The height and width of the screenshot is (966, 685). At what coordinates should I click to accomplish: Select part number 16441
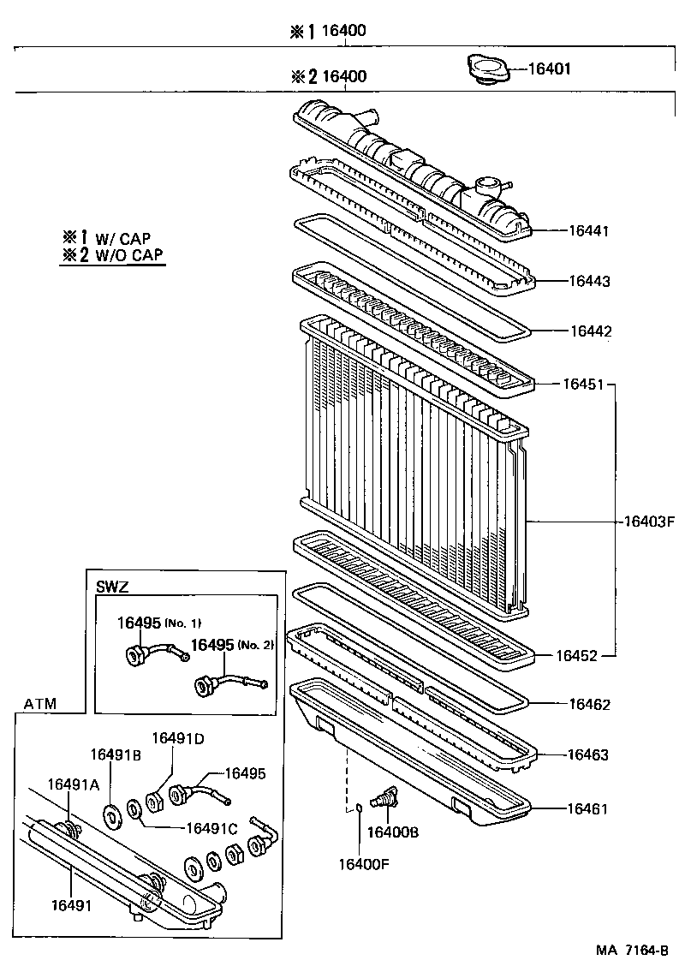589,231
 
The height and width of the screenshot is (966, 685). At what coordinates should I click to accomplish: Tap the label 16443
589,281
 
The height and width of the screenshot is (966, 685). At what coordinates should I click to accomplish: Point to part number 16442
589,331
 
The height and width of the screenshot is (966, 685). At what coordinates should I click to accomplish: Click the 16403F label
650,521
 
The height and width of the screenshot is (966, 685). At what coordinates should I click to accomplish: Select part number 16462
589,705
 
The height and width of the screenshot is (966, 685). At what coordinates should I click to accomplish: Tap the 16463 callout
589,755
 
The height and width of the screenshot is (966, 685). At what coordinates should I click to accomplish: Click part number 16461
589,807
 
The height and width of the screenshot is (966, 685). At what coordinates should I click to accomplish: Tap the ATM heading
40,704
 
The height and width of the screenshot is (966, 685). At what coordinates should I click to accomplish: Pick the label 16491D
179,738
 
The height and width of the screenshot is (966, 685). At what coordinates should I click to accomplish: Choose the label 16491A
74,784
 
